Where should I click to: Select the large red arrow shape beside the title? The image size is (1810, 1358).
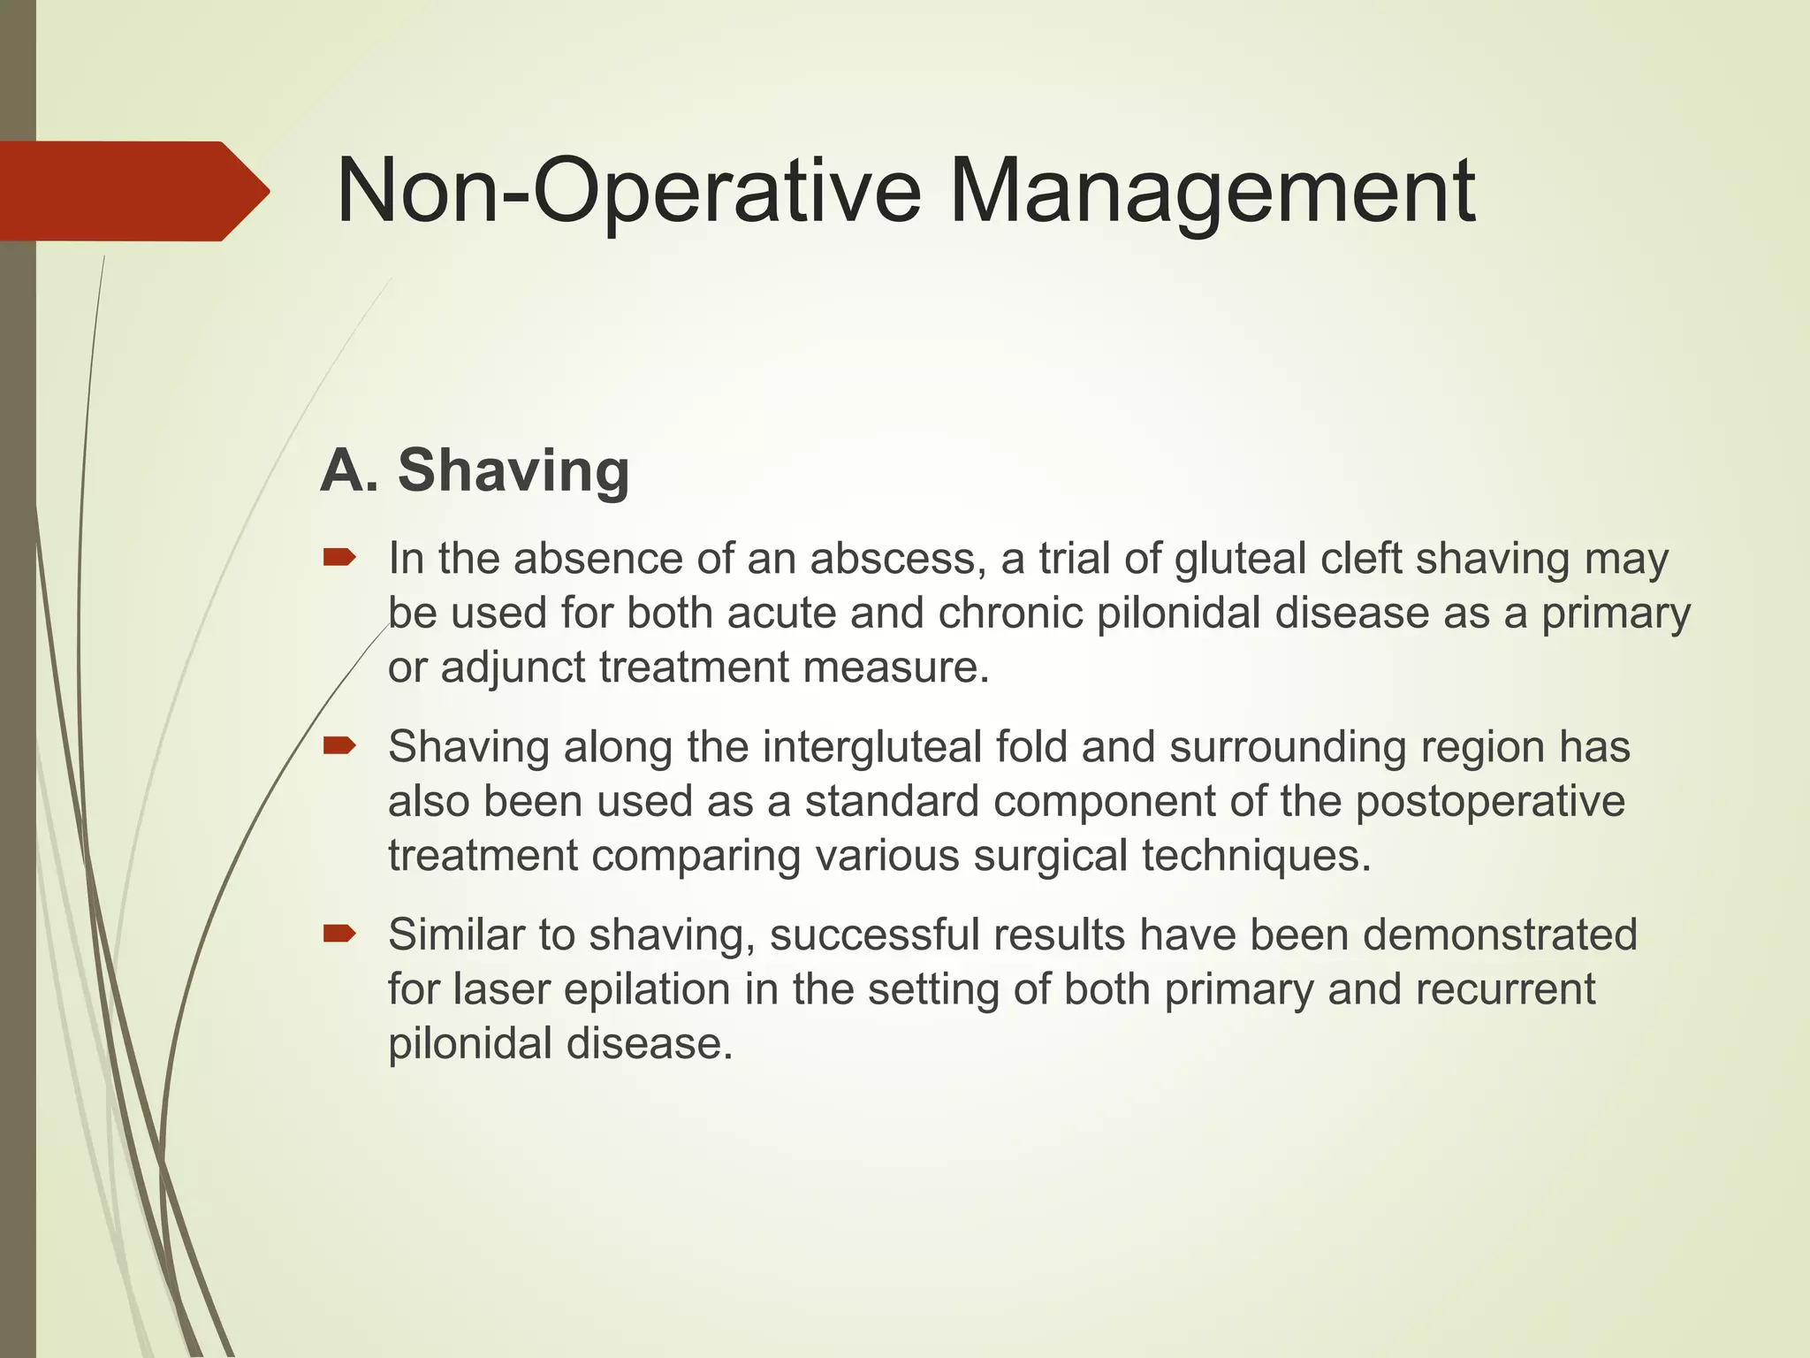pos(133,191)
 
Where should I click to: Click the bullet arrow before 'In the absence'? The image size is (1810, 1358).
pos(339,557)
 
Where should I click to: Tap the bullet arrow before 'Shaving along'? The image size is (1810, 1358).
pos(339,745)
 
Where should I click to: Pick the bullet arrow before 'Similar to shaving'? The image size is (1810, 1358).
pos(339,934)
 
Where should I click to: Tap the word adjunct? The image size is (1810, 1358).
pos(513,668)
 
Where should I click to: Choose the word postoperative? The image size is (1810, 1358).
pos(1490,802)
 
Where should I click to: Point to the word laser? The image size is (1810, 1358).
pos(501,989)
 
